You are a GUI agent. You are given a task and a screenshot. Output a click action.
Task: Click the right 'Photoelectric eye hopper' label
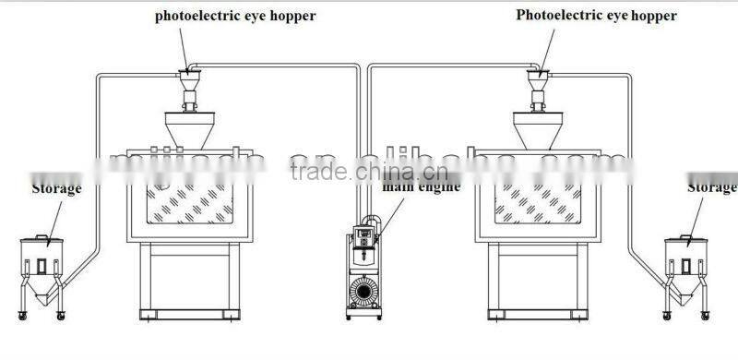(x=596, y=16)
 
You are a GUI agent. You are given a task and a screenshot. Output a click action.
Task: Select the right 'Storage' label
(x=712, y=188)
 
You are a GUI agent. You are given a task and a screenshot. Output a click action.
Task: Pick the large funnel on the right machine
(x=536, y=129)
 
